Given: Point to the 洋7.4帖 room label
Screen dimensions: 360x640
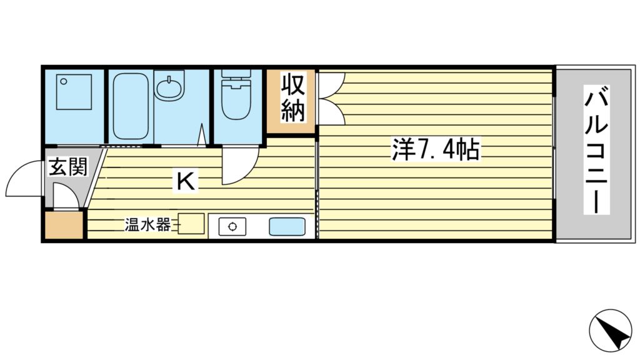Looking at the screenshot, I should [x=436, y=151].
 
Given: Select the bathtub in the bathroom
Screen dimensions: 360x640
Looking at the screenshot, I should [x=130, y=106].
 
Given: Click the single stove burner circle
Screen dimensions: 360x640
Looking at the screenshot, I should [x=232, y=226].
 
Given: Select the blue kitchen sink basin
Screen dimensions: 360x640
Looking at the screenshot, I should [x=287, y=226].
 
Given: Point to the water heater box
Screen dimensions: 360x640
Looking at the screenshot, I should [x=192, y=224].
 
